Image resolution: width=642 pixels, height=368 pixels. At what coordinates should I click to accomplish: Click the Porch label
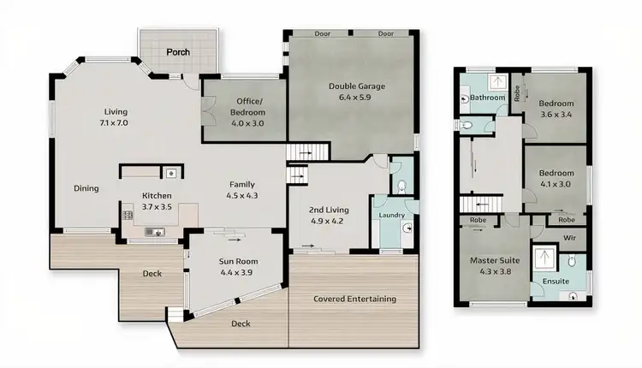(178, 52)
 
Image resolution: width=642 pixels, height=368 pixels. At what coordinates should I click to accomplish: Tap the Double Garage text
(357, 86)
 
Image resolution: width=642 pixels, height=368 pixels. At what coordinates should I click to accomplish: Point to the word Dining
(86, 188)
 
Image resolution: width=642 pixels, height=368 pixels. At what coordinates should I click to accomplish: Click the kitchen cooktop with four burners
(127, 216)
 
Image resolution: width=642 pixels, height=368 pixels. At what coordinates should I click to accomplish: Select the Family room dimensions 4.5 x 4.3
(242, 195)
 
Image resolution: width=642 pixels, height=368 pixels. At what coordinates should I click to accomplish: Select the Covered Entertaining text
(354, 299)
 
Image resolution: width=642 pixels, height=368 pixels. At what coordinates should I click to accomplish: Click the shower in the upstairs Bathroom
(495, 83)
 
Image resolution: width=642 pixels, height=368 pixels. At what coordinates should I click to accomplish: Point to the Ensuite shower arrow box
(541, 258)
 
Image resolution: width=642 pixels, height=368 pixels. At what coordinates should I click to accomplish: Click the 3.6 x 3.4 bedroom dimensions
(556, 114)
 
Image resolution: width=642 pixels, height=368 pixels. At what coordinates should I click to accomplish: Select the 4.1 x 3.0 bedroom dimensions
(555, 183)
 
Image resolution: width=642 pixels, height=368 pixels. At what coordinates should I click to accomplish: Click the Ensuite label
(544, 281)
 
